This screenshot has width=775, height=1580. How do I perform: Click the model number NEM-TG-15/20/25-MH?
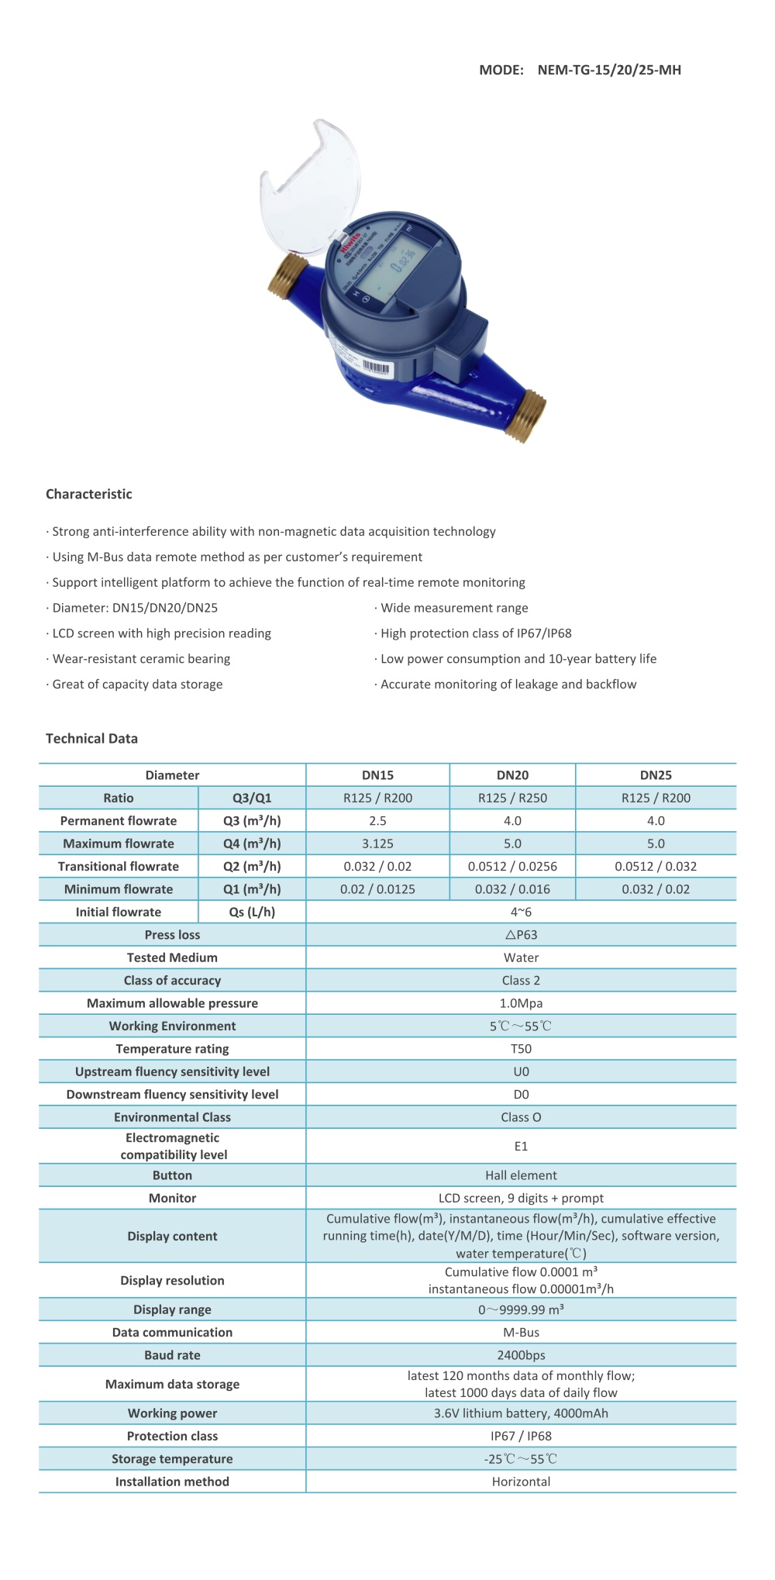(x=609, y=70)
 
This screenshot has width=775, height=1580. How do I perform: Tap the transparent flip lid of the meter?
(x=310, y=186)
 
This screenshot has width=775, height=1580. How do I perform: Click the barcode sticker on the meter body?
(x=377, y=367)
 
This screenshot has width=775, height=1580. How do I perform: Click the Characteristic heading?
(x=89, y=494)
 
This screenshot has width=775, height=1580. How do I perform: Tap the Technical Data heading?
(x=91, y=738)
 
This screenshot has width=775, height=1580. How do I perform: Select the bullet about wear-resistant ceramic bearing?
(x=141, y=659)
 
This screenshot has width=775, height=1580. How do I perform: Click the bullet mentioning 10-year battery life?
(x=518, y=659)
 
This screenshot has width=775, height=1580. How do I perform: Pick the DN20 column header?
(x=512, y=775)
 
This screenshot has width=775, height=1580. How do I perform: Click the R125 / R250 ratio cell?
(x=512, y=798)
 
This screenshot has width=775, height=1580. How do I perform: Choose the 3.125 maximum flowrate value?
(x=377, y=843)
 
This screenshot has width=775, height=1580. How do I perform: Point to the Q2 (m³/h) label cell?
(x=252, y=866)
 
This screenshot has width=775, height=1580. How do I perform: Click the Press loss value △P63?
(x=521, y=935)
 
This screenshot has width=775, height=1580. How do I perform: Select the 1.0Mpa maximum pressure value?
(x=521, y=1003)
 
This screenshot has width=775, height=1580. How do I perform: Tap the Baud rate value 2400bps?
(x=521, y=1355)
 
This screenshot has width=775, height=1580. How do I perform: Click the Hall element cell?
(x=521, y=1175)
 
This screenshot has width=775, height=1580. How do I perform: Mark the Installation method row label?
(x=172, y=1482)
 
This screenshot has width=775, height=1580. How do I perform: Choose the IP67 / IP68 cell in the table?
(x=521, y=1436)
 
